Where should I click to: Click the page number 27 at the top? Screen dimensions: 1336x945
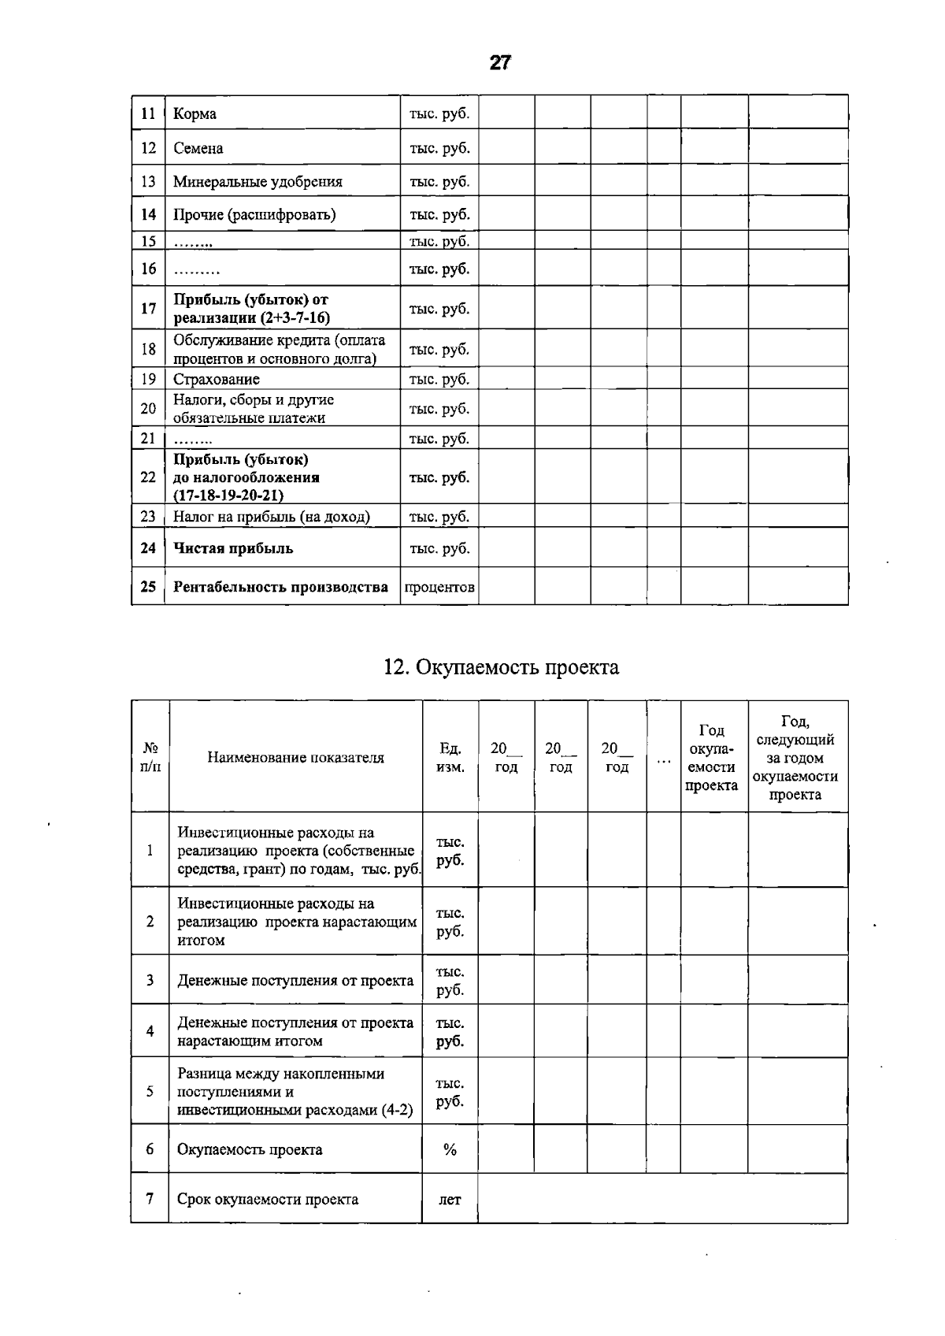click(500, 63)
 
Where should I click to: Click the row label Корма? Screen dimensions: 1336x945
click(195, 113)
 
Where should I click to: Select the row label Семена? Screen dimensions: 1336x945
click(198, 148)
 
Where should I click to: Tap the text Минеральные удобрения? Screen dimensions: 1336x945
click(258, 181)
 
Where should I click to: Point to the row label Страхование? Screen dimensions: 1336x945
click(216, 379)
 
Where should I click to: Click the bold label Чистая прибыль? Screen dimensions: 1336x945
click(233, 548)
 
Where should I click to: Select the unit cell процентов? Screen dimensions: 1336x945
click(439, 587)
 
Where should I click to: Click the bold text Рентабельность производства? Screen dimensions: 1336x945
click(280, 587)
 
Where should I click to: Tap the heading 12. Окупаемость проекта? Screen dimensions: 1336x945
click(501, 667)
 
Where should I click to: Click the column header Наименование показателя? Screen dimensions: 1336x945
click(295, 757)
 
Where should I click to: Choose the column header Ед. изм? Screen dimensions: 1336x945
click(450, 757)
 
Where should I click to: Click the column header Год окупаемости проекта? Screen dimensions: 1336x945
click(711, 757)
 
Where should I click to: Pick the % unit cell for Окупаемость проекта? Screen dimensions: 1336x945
click(450, 1149)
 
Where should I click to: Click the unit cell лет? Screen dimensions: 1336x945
click(450, 1200)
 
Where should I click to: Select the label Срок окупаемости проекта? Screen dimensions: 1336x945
click(267, 1200)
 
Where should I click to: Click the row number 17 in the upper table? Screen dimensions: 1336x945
click(148, 308)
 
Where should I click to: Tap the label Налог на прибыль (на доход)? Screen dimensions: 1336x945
click(271, 517)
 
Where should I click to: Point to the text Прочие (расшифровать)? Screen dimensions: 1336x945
click(254, 214)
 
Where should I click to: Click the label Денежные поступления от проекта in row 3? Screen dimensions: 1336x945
click(295, 981)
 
